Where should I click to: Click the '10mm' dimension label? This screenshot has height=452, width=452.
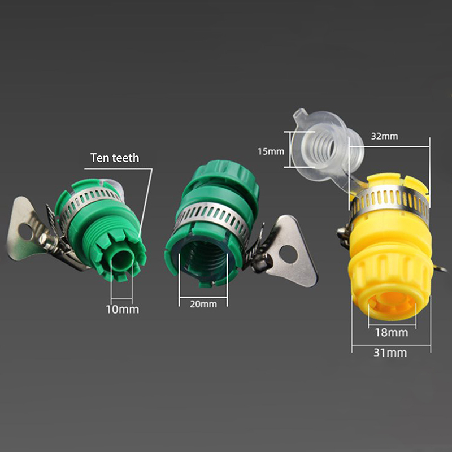pyautogui.click(x=123, y=310)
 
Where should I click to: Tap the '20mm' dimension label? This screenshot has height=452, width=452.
pyautogui.click(x=203, y=304)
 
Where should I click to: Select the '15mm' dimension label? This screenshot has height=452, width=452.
pyautogui.click(x=271, y=151)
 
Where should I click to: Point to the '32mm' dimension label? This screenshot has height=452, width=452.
pyautogui.click(x=384, y=136)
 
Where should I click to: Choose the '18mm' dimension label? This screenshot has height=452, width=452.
pyautogui.click(x=392, y=333)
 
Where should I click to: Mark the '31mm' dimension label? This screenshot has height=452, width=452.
pyautogui.click(x=390, y=353)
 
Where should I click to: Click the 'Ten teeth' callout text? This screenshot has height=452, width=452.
pyautogui.click(x=115, y=158)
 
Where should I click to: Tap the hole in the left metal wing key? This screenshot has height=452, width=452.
pyautogui.click(x=25, y=232)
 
